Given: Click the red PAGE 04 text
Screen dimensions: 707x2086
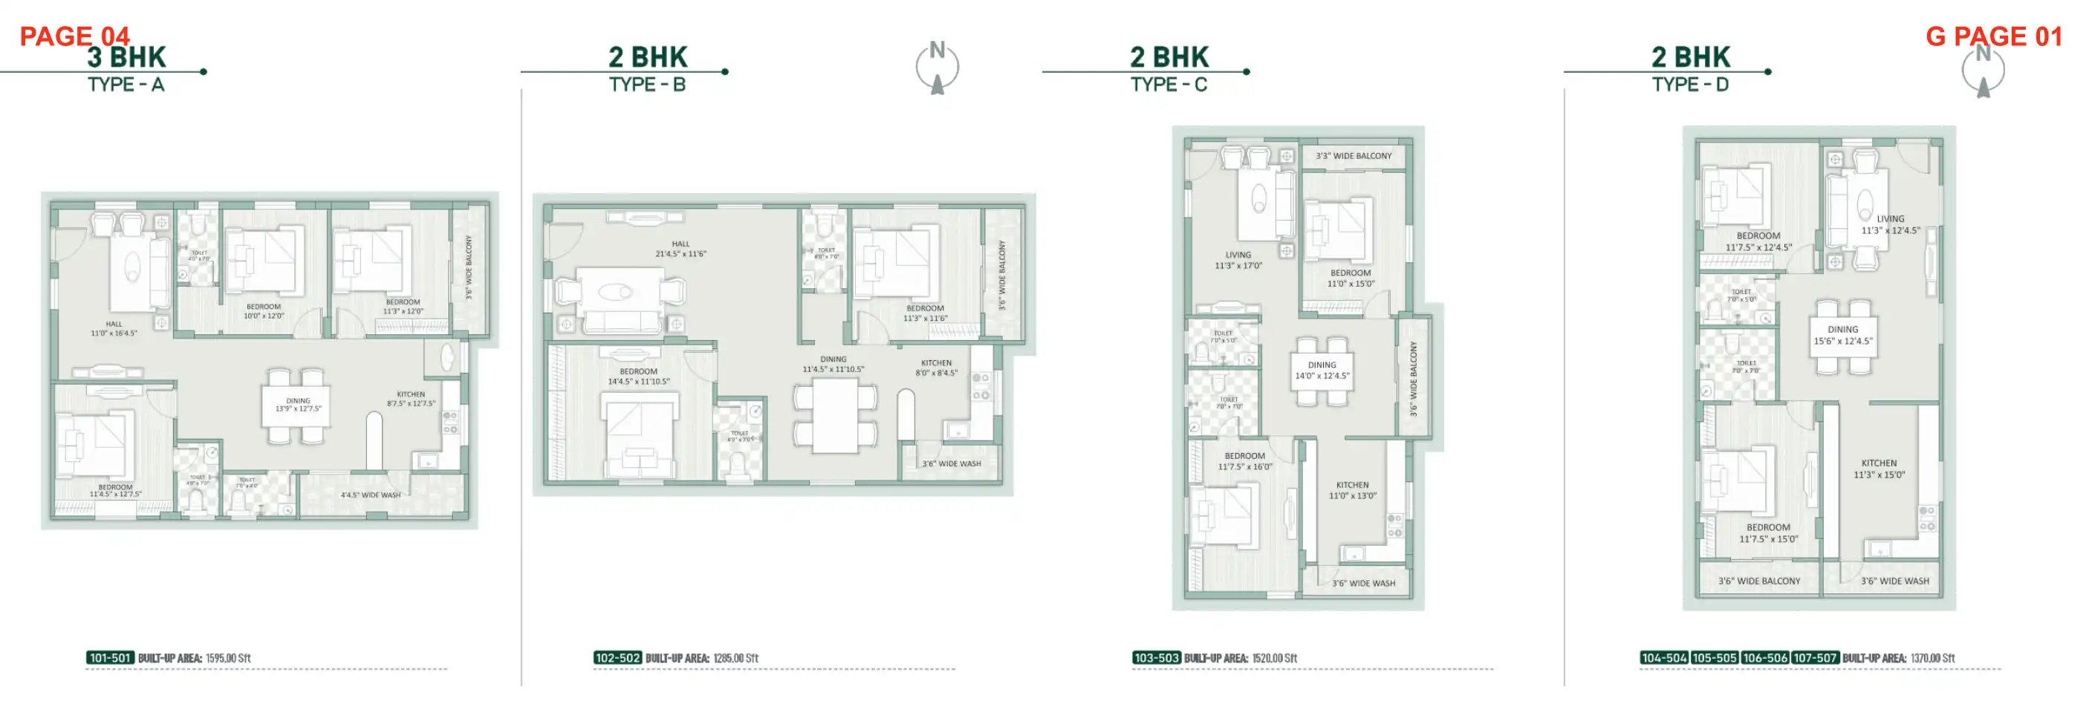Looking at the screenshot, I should tap(74, 36).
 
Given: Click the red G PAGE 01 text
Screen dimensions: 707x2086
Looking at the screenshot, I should tap(1993, 36).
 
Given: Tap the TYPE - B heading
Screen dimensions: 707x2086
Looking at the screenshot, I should tap(647, 84).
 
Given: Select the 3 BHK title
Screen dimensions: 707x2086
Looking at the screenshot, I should tap(126, 56).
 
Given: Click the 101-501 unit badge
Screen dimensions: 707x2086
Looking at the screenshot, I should tap(110, 657).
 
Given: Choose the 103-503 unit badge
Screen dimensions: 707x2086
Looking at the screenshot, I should tap(1156, 657).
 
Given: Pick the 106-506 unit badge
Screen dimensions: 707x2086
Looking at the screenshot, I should tap(1764, 657).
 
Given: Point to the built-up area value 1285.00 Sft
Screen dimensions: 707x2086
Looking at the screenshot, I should tap(735, 657).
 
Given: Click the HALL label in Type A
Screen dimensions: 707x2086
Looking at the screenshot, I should tap(114, 328).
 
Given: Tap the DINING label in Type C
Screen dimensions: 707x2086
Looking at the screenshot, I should tap(1322, 370).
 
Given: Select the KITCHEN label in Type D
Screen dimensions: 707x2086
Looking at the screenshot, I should tap(1879, 469).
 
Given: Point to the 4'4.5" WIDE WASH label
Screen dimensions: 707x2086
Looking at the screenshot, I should tap(370, 495).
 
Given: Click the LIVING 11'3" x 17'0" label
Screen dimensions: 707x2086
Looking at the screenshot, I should tap(1238, 260).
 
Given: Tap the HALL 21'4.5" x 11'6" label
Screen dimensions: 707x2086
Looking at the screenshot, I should tap(680, 249).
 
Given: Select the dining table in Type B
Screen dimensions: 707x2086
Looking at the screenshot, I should tap(835, 415).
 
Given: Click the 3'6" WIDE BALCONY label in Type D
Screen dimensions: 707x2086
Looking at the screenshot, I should tap(1759, 581).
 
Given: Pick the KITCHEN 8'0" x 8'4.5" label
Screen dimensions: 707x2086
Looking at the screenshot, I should tap(936, 368).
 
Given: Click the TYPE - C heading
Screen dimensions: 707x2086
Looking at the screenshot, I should tap(1169, 84).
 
